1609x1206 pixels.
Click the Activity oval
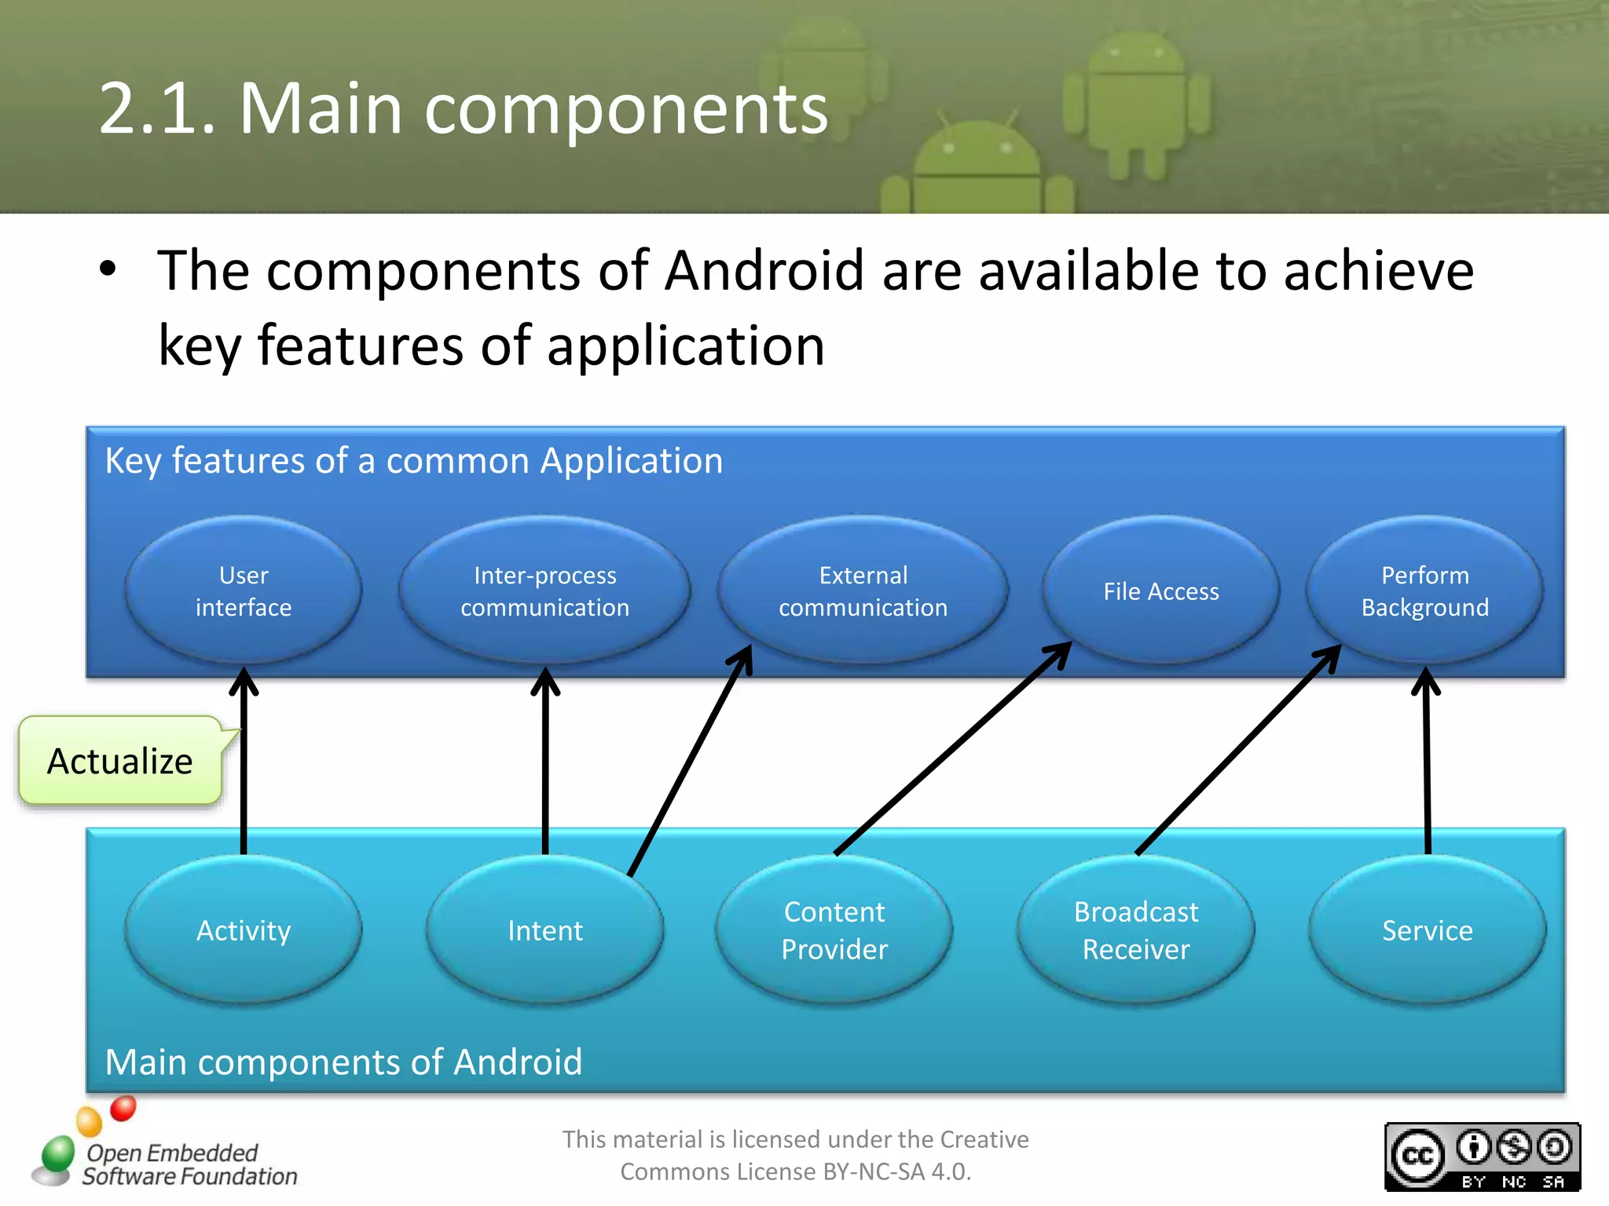(x=244, y=930)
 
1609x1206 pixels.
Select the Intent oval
(x=544, y=930)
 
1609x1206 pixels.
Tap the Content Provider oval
(x=834, y=930)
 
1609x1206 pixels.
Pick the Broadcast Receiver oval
(x=1135, y=930)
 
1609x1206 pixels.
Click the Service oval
(x=1427, y=930)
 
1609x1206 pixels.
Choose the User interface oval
(x=244, y=590)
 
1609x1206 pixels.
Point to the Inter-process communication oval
(x=544, y=590)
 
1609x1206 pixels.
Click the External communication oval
(x=863, y=590)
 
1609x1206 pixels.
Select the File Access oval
(x=1160, y=590)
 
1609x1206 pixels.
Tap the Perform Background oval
(x=1424, y=590)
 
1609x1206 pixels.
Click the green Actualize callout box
(x=120, y=761)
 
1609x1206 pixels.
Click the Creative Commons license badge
(x=1482, y=1157)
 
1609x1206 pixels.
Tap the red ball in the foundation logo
(x=123, y=1108)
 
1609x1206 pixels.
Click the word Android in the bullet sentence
(x=764, y=270)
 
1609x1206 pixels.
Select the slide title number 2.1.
(x=157, y=108)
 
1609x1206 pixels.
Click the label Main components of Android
(x=343, y=1062)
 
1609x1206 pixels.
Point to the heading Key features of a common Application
(x=413, y=460)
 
